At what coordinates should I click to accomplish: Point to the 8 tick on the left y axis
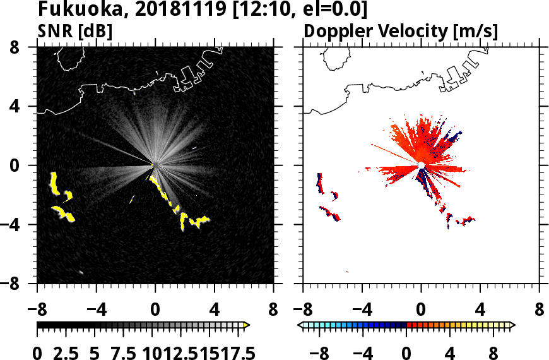pos(25,47)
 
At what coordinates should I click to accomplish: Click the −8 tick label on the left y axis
pos(20,284)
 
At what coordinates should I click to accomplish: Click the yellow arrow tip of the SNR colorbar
pos(247,325)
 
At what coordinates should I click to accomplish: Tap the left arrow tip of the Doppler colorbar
pos(301,325)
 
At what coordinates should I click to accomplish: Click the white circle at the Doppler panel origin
pos(421,165)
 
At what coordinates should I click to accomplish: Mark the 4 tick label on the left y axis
pos(25,107)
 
